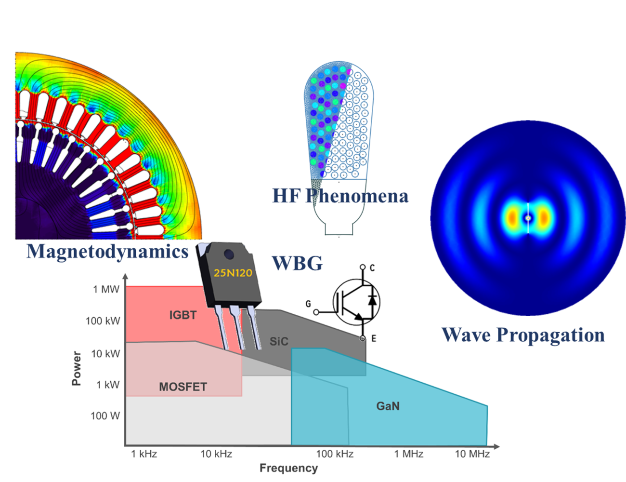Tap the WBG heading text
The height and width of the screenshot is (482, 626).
pyautogui.click(x=297, y=263)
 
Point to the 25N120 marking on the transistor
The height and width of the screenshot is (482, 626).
pyautogui.click(x=233, y=273)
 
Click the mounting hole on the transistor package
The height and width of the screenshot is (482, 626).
pyautogui.click(x=229, y=254)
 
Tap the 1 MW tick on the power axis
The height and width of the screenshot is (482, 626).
pyautogui.click(x=106, y=289)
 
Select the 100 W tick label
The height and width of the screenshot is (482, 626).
pyautogui.click(x=105, y=415)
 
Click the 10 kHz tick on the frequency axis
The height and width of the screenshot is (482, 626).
pyautogui.click(x=216, y=454)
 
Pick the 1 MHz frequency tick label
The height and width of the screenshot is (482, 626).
pyautogui.click(x=408, y=454)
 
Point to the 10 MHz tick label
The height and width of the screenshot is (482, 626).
pyautogui.click(x=472, y=454)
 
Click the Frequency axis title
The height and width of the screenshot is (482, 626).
pyautogui.click(x=288, y=469)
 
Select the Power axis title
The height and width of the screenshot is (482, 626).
pyautogui.click(x=77, y=368)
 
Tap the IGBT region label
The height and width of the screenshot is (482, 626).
pyautogui.click(x=183, y=315)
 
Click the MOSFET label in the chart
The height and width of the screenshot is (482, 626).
pyautogui.click(x=183, y=387)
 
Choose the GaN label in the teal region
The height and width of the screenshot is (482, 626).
pyautogui.click(x=388, y=406)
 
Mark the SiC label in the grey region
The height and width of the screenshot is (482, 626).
pyautogui.click(x=279, y=341)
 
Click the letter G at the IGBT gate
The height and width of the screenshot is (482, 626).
pyautogui.click(x=308, y=304)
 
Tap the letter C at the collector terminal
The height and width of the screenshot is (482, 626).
pyautogui.click(x=372, y=268)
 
